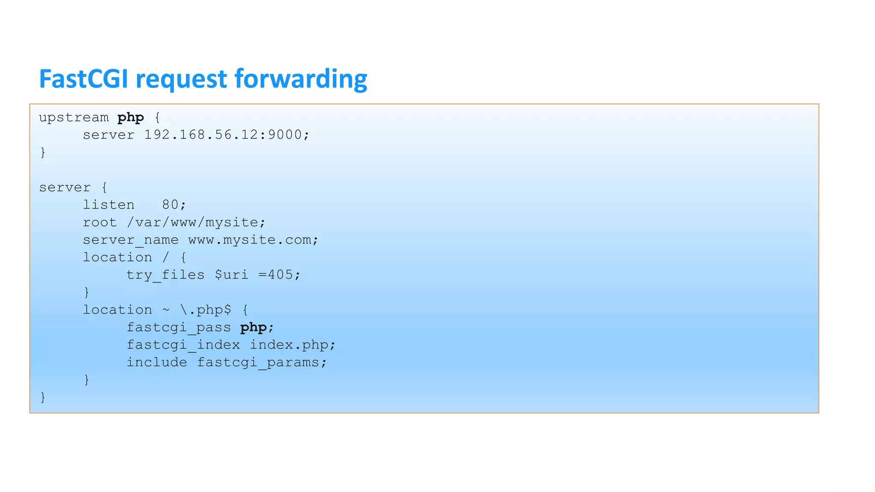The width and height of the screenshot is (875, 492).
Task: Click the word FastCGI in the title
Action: [83, 79]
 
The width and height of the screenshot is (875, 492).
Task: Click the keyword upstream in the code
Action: [74, 117]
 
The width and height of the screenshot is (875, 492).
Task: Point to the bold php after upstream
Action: [131, 117]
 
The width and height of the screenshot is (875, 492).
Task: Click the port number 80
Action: [170, 205]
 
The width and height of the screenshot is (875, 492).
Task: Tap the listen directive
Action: [109, 205]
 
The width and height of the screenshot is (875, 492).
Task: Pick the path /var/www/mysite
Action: [192, 223]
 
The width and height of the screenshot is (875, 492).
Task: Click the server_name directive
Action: [130, 240]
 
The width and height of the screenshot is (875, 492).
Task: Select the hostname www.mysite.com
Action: [249, 240]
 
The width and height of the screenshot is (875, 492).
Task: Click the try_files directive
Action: [165, 275]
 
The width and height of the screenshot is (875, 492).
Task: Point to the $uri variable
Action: [231, 275]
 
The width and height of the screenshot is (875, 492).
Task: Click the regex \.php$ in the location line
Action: [206, 310]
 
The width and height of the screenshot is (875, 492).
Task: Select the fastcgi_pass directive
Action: [179, 328]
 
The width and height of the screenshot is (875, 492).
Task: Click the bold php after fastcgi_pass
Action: [253, 328]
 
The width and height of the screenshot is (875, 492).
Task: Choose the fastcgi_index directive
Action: [183, 345]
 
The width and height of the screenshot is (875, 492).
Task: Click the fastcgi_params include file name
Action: [258, 363]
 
